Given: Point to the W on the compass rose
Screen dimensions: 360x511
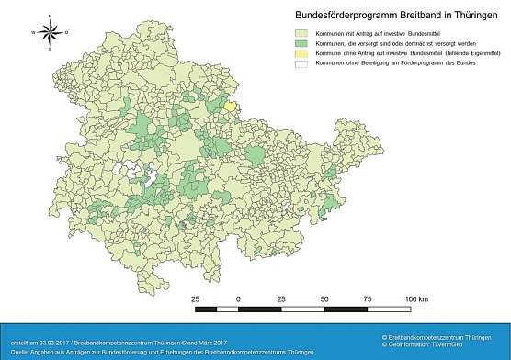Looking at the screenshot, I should tap(33, 31).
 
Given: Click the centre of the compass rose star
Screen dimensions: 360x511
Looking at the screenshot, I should tap(52, 31).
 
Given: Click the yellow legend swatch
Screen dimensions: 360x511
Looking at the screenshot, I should tap(301, 55).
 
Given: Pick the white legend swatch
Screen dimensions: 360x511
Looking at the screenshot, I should tap(301, 68).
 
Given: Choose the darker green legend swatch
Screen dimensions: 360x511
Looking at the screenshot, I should tap(301, 43).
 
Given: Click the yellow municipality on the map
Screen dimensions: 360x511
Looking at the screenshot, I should tap(231, 107).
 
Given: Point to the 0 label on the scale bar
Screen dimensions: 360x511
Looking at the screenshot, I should tap(239, 299).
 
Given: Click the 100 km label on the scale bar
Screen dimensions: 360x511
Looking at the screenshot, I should tap(416, 299).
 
